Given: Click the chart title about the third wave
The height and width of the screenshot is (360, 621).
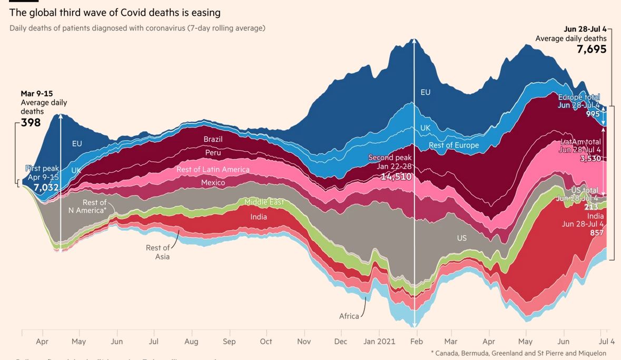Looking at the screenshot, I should pos(115,12).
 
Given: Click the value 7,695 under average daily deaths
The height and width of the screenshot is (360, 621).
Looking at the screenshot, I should pos(592,49).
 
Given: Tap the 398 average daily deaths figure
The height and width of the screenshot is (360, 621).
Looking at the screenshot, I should pos(31,123).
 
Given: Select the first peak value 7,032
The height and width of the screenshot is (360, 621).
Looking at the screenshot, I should pos(46,187).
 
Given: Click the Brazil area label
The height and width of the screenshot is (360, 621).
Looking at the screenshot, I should pos(213,139).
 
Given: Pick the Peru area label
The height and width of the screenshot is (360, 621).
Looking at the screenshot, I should pos(213,153).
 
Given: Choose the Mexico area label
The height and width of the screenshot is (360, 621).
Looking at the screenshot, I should pos(213,182).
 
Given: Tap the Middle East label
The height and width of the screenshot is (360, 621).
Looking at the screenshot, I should pos(264,202).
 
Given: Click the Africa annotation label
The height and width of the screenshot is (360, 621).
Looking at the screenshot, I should pos(349,316).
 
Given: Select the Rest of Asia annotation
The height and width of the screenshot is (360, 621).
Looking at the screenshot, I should pos(158,252).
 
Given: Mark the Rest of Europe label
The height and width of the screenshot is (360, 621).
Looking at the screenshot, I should pos(454,145).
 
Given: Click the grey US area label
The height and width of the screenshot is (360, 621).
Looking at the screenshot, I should pos(462,238).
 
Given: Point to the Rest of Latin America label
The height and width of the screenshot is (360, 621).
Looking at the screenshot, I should pos(213,169).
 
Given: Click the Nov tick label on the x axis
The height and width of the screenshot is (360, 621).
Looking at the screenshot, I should pos(304,342).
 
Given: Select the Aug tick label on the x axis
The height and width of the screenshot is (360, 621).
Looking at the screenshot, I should pos(191,342).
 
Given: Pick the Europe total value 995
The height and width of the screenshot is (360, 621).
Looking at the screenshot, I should pos(593,114).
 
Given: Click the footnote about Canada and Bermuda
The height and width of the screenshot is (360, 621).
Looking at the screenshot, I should pos(518,353).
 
